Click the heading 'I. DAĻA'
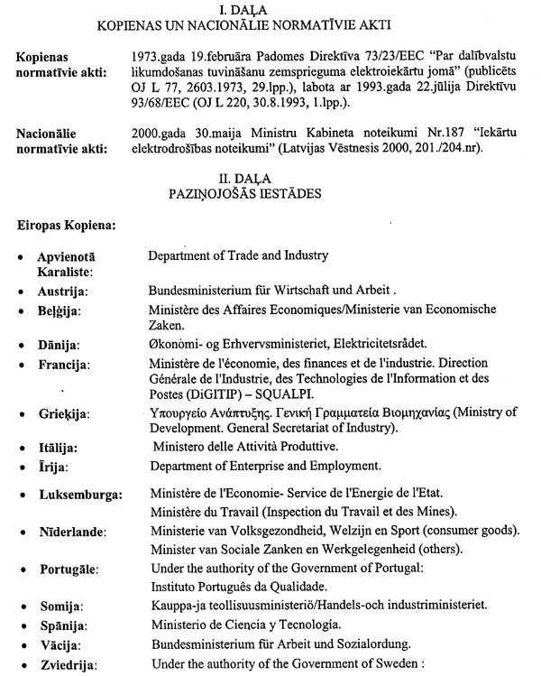click(x=270, y=10)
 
